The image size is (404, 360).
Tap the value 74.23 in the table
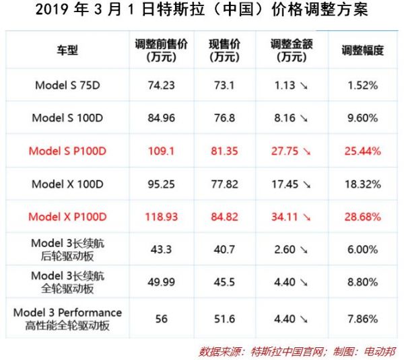161,85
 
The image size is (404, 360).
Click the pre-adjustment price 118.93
161,217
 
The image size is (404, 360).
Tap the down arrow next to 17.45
307,184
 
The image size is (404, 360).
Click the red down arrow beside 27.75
307,151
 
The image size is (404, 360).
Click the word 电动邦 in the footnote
380,351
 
